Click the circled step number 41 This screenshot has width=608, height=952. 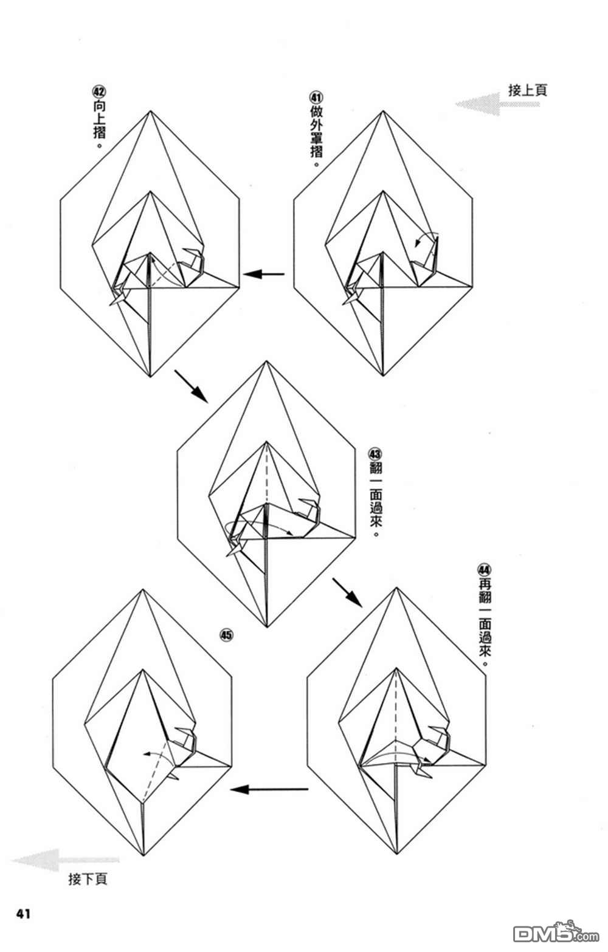[316, 97]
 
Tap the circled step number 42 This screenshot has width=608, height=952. [99, 92]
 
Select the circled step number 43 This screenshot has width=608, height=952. [376, 454]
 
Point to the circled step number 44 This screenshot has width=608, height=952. [485, 569]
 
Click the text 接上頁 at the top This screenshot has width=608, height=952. [528, 90]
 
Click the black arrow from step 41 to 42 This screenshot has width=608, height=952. [264, 274]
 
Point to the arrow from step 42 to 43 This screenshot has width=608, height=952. [191, 386]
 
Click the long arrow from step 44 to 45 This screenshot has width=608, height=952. [269, 790]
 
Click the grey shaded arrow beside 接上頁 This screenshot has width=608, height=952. [497, 104]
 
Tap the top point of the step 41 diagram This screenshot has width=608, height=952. [383, 111]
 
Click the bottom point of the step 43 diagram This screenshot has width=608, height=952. [267, 627]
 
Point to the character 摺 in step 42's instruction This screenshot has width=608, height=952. [99, 132]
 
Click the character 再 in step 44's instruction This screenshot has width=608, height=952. [485, 583]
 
